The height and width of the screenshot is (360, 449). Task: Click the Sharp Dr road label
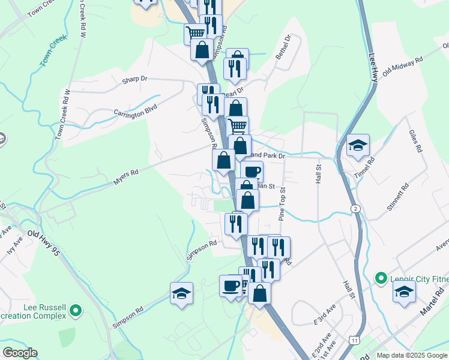coord(134,79)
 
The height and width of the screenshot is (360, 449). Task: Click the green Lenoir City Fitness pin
coord(380,278)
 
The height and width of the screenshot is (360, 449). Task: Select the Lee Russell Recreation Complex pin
coord(75,310)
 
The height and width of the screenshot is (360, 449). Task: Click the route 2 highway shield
coord(356,208)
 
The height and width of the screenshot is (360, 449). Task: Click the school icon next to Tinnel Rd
coord(358,146)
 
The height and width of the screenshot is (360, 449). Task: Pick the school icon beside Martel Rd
coord(404,292)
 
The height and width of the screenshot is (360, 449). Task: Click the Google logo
coord(20,353)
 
